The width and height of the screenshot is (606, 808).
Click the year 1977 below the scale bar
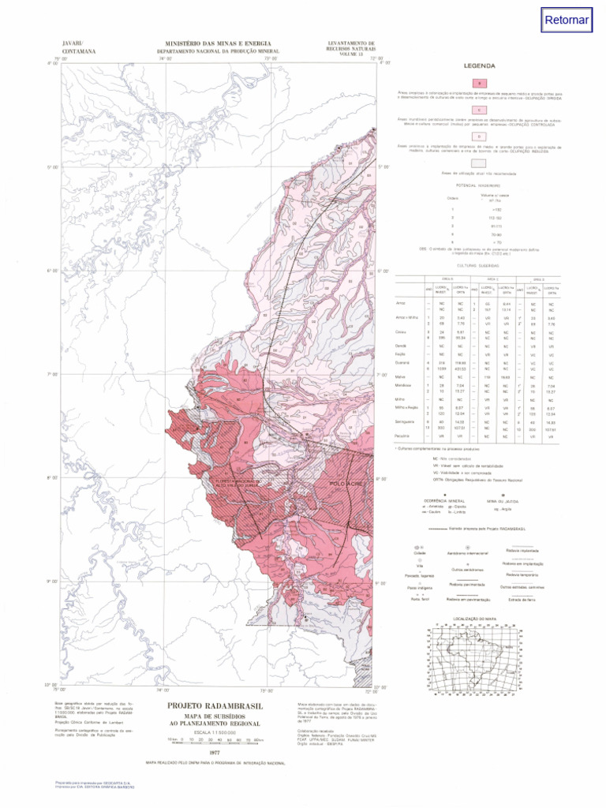(x=215, y=753)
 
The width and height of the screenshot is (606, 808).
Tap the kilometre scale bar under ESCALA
(x=215, y=740)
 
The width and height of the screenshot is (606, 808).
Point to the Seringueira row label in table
(x=406, y=423)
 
